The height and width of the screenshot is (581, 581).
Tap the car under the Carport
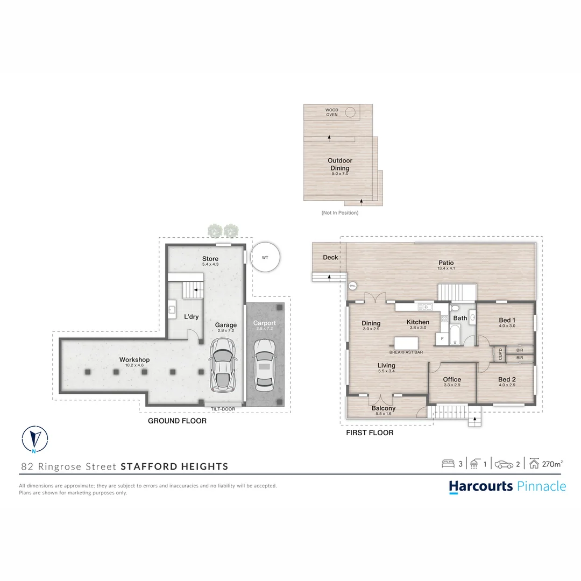click(264, 365)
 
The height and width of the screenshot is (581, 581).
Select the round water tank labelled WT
click(265, 258)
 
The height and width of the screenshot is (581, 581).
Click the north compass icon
click(34, 439)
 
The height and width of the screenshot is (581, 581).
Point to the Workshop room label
click(134, 360)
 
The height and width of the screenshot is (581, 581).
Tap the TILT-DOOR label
click(223, 409)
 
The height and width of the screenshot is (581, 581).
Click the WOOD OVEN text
click(332, 112)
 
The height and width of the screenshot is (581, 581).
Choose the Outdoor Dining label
click(340, 164)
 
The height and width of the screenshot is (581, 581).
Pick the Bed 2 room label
click(507, 379)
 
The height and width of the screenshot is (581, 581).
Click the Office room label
click(452, 379)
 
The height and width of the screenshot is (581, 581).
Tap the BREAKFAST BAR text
click(406, 352)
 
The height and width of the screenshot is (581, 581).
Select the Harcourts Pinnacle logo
click(507, 486)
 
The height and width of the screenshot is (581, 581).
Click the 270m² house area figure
click(552, 464)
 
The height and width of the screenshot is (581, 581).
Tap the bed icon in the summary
click(448, 463)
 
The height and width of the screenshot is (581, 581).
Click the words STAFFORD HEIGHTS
click(174, 466)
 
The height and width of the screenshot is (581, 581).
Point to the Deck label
click(330, 257)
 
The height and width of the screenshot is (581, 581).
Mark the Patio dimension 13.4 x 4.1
click(446, 268)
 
